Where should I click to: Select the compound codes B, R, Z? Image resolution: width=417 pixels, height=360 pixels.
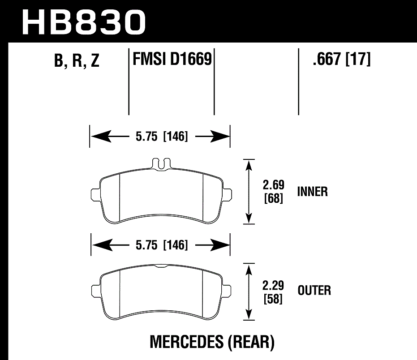(x=77, y=61)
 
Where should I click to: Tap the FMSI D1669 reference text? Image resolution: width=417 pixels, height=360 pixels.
(x=172, y=59)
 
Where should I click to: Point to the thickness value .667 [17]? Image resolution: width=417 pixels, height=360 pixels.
(x=342, y=59)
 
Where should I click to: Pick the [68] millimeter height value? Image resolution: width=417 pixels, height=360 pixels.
(x=273, y=198)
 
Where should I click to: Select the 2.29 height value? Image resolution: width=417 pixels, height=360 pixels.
(x=273, y=284)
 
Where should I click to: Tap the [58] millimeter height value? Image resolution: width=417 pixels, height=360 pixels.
(x=273, y=299)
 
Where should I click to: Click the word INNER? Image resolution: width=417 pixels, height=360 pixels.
(x=313, y=192)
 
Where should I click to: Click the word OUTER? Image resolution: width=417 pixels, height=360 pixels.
(x=314, y=291)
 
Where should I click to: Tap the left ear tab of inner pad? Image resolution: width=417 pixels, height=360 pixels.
(x=95, y=193)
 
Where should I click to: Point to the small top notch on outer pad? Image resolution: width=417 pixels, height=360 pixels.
(x=160, y=267)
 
